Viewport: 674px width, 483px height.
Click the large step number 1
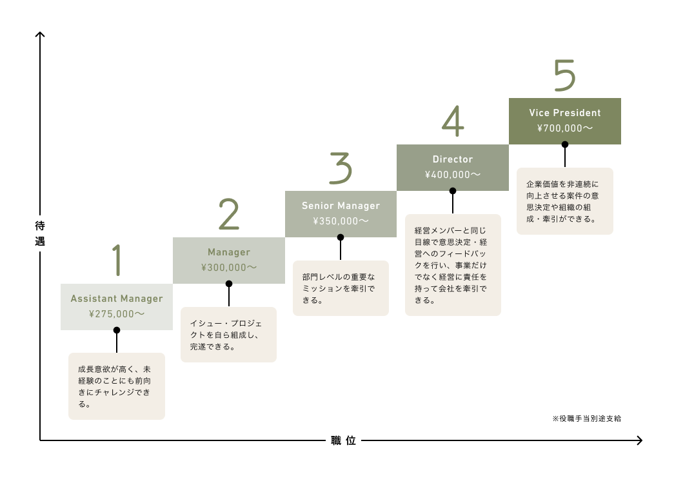(117, 260)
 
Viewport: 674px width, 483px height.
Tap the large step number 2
(229, 213)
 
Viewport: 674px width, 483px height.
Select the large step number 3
(341, 168)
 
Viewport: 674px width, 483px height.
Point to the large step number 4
(453, 121)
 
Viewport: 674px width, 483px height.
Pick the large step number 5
(564, 75)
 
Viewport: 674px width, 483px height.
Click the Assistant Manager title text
(117, 299)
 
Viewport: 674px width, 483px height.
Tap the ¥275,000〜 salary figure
(117, 314)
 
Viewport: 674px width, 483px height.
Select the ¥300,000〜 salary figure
(229, 268)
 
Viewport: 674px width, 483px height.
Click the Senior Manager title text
(341, 206)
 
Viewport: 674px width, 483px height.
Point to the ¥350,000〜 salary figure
(341, 221)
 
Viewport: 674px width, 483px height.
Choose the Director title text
(453, 159)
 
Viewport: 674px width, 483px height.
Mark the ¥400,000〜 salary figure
(453, 175)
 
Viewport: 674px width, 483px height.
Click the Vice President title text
(565, 113)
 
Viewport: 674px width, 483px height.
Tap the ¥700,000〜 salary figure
(565, 128)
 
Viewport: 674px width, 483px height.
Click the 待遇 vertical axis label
(40, 233)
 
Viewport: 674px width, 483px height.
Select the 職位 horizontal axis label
(343, 440)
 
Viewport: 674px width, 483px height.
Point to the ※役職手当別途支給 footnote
(587, 419)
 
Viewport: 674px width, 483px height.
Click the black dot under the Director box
(453, 191)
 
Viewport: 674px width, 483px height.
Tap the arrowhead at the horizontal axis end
(640, 440)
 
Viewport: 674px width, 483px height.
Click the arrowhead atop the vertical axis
(40, 34)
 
